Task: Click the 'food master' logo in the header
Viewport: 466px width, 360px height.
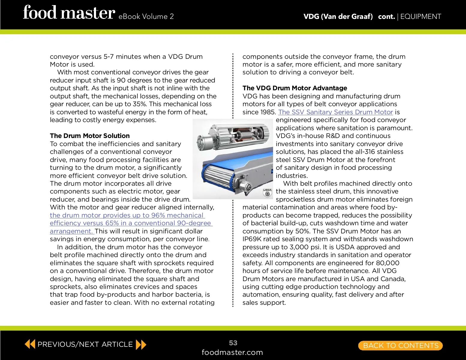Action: (x=69, y=13)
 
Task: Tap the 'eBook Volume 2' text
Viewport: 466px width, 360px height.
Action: (x=146, y=16)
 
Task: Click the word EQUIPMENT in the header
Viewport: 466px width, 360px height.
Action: (x=420, y=16)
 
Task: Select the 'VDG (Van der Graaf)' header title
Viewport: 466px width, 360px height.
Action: (x=338, y=16)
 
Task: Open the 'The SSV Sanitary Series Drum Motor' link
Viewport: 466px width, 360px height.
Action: (x=335, y=112)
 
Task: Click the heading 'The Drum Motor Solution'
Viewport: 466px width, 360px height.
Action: (x=90, y=136)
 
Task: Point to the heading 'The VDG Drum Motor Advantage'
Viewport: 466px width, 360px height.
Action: (x=295, y=88)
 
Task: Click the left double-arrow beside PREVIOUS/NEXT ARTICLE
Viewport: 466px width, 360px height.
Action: (x=30, y=344)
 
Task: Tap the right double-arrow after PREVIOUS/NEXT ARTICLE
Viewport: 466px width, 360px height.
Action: (x=141, y=345)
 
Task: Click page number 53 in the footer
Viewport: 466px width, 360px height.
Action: (x=233, y=343)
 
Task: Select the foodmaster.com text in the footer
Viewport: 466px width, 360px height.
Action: (x=232, y=352)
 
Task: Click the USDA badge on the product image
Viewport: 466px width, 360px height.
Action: (x=267, y=193)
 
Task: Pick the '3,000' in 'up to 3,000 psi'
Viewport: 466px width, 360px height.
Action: (x=299, y=247)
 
